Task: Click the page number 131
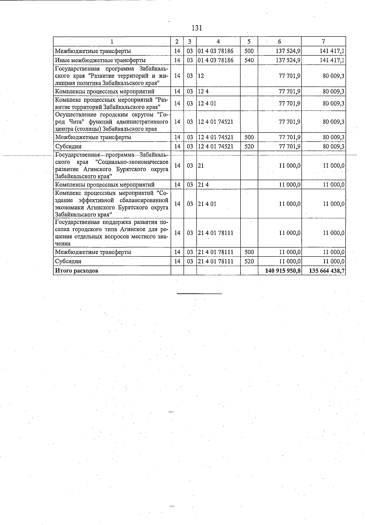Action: (197, 28)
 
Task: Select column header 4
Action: (218, 41)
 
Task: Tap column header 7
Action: (323, 41)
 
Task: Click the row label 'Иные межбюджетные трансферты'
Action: (100, 60)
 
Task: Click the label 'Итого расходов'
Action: (77, 271)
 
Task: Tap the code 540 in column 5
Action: (249, 60)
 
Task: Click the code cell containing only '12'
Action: (201, 76)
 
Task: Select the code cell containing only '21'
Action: (201, 166)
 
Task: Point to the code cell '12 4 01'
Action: (207, 104)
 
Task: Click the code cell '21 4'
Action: (203, 185)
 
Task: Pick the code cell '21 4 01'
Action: (207, 204)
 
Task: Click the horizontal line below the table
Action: (199, 294)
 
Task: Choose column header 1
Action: (112, 41)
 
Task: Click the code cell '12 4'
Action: (203, 91)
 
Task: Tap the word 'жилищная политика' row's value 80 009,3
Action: (333, 76)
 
